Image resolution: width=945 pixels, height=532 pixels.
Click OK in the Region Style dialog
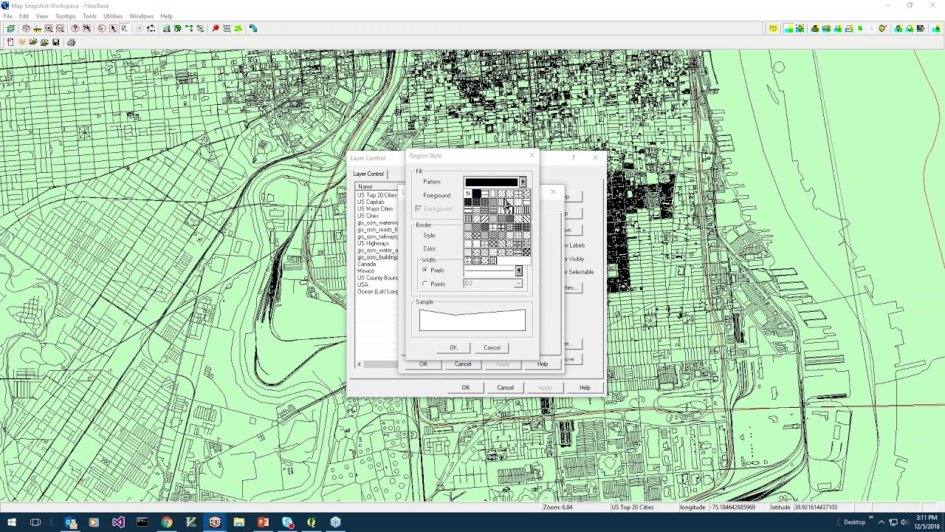(453, 347)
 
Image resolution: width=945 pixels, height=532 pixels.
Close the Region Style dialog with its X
(532, 156)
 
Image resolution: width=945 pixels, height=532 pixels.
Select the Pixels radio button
(425, 270)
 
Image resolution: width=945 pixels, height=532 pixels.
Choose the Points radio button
(425, 284)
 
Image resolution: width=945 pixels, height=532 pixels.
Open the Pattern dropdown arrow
(523, 182)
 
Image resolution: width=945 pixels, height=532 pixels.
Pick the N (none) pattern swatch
(468, 194)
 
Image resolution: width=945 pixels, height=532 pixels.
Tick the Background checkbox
(418, 209)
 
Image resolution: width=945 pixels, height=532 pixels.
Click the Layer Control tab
(368, 174)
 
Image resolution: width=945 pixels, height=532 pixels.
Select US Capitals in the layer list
(371, 202)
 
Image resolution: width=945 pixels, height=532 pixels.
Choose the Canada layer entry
(367, 264)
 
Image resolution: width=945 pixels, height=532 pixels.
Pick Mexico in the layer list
(366, 271)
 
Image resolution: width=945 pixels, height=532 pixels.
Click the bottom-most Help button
(585, 387)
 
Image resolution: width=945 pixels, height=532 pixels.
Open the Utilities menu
(113, 16)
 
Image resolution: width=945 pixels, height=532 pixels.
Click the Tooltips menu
(65, 16)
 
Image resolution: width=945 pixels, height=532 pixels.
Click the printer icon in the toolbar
(71, 42)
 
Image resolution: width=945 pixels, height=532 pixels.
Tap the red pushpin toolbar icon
(216, 28)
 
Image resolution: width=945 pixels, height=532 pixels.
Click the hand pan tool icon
(26, 28)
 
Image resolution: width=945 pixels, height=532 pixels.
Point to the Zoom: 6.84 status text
(558, 508)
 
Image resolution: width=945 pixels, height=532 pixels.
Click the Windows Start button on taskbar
(11, 522)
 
